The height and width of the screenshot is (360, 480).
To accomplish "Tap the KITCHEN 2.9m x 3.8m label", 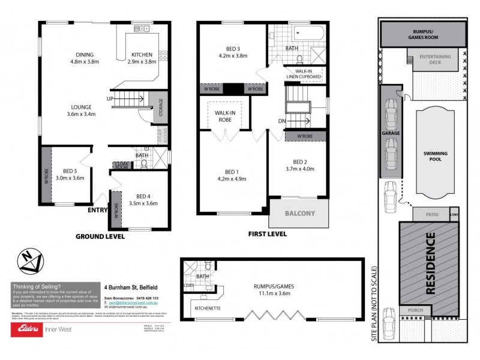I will pyautogui.click(x=142, y=58).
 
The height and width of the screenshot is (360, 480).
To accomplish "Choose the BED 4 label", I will pyautogui.click(x=142, y=199).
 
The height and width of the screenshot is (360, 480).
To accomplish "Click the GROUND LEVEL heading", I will pyautogui.click(x=100, y=236).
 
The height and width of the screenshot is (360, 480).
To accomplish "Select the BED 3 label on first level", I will pyautogui.click(x=233, y=52).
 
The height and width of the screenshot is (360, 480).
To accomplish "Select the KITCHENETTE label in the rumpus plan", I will pyautogui.click(x=209, y=309).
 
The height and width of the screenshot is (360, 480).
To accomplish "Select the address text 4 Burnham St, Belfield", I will pyautogui.click(x=129, y=287).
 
